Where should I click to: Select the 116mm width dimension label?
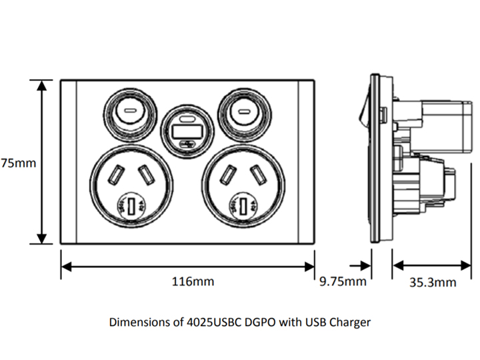point(193,281)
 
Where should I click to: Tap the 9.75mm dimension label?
point(343,281)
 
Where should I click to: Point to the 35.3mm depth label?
point(433,282)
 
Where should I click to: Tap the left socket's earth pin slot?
point(132,205)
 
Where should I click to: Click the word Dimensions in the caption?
point(141,323)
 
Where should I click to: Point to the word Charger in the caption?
point(350,323)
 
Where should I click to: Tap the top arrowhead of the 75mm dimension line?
point(43,85)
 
